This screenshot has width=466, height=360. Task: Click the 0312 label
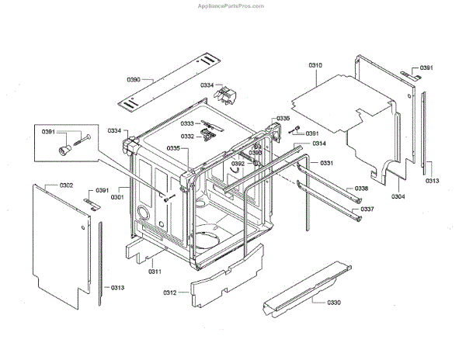point(170,292)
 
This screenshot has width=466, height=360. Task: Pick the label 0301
point(117,197)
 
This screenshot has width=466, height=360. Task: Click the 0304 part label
point(398,197)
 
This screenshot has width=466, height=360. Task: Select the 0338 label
point(362,189)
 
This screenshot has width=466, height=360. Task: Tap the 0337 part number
point(367,209)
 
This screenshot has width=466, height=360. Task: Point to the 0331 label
point(326,163)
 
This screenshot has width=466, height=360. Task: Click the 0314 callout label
point(318,144)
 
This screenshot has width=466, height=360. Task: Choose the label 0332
point(187,136)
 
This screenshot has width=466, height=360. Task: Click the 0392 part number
point(238,164)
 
